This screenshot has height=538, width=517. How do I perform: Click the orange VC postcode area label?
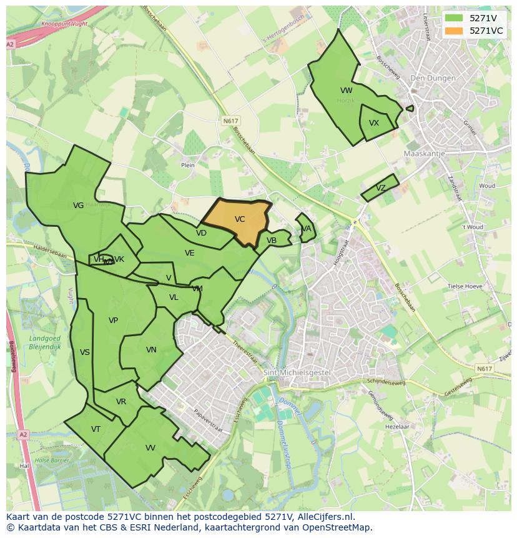(x=240, y=219)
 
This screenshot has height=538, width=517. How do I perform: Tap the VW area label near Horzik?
(x=347, y=91)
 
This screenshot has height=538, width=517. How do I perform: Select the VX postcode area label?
(x=374, y=123)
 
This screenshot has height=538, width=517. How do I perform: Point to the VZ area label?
(x=381, y=188)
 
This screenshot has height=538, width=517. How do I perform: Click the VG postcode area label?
(x=78, y=206)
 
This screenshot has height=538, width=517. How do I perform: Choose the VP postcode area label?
(x=113, y=321)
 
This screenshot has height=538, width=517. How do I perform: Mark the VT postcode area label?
(x=96, y=429)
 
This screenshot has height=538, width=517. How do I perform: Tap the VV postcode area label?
(x=150, y=448)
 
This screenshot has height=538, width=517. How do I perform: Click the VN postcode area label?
(x=151, y=350)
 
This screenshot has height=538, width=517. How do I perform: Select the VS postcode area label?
(x=85, y=352)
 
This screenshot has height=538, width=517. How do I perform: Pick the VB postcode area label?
(x=272, y=241)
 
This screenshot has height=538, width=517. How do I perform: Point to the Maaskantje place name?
(x=425, y=153)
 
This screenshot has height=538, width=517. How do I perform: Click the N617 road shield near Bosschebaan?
(x=230, y=121)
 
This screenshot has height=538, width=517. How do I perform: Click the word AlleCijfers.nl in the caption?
(x=325, y=517)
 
